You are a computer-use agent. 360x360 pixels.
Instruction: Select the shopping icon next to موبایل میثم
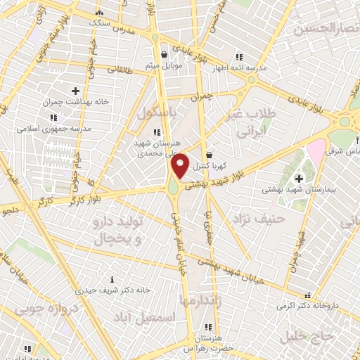pos(164,53)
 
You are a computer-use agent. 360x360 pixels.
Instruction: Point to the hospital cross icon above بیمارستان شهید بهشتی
pos(299,176)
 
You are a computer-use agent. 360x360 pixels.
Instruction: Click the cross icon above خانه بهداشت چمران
pos(76,90)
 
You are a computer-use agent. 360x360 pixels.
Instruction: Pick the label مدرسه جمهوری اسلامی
pos(58,129)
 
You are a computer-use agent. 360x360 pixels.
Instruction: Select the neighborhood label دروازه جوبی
pos(42,307)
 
